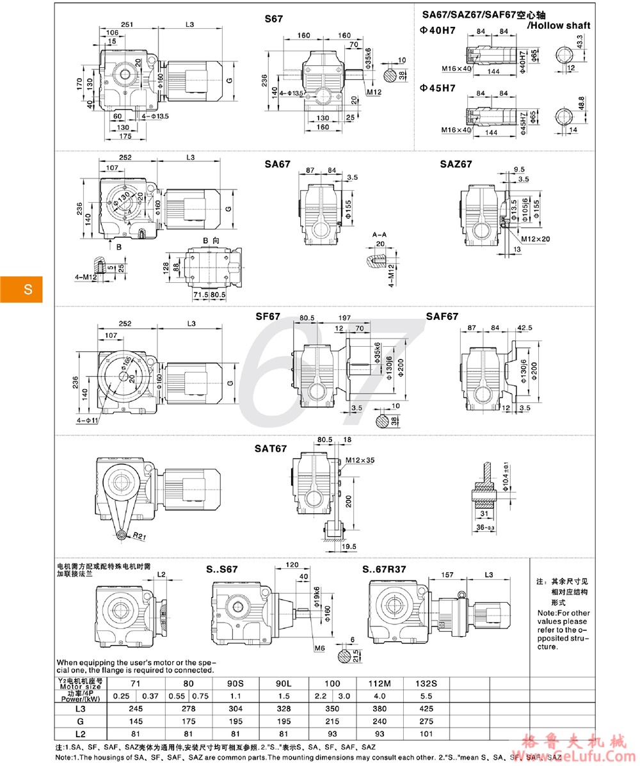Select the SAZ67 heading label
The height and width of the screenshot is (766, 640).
(456, 164)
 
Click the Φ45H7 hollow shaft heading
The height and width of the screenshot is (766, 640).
(438, 88)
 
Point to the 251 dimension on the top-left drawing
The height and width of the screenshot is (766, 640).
(127, 24)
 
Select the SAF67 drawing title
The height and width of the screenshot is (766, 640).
(442, 316)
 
